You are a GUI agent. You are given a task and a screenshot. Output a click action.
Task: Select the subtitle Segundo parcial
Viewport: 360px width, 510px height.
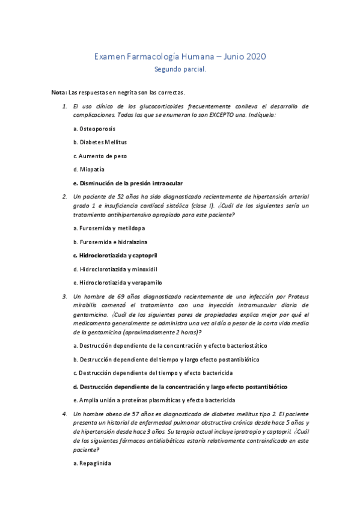click(180, 69)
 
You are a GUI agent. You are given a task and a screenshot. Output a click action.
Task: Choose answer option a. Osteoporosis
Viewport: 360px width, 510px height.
click(94, 129)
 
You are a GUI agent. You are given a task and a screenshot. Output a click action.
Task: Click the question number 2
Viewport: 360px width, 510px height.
click(64, 196)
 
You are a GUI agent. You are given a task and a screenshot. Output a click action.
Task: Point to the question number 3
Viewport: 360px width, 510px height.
click(64, 296)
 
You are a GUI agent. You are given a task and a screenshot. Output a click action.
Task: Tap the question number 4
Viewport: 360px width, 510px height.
click(64, 414)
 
